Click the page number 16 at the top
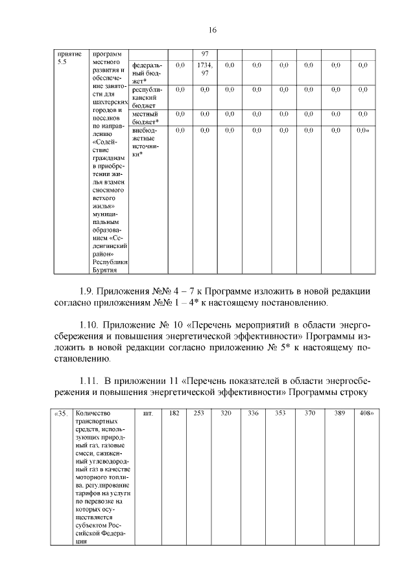[212, 30]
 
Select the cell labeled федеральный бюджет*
[147, 73]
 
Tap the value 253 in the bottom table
[199, 413]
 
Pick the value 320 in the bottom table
[226, 413]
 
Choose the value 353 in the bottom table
[281, 413]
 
